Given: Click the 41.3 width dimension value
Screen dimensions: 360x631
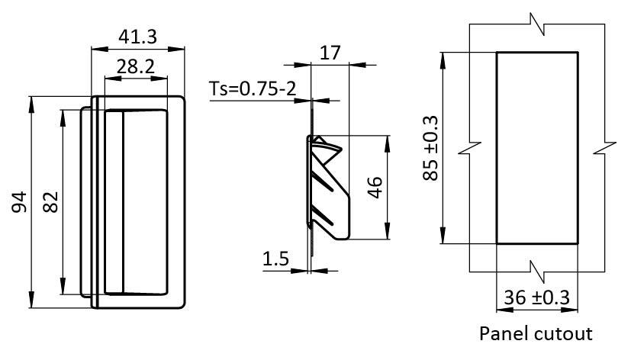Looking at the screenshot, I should pyautogui.click(x=138, y=37).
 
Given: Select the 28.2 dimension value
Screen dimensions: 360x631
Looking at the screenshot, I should pyautogui.click(x=136, y=66).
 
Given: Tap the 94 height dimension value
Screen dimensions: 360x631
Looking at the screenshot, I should pyautogui.click(x=19, y=202).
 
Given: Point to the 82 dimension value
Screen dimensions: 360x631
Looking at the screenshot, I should pyautogui.click(x=50, y=202).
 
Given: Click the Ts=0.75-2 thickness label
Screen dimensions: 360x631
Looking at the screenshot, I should pyautogui.click(x=253, y=89).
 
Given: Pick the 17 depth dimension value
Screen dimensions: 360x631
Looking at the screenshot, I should pyautogui.click(x=330, y=53).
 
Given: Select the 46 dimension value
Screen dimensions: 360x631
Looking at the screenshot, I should pyautogui.click(x=374, y=187).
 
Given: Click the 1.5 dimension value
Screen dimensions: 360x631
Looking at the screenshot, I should pyautogui.click(x=275, y=259).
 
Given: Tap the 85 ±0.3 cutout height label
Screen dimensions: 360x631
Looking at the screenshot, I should pyautogui.click(x=430, y=148).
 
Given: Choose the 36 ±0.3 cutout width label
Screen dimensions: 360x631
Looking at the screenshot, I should pyautogui.click(x=537, y=297).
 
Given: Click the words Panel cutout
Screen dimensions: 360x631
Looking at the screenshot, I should pyautogui.click(x=536, y=333).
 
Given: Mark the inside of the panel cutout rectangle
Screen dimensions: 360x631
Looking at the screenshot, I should pyautogui.click(x=537, y=148).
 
